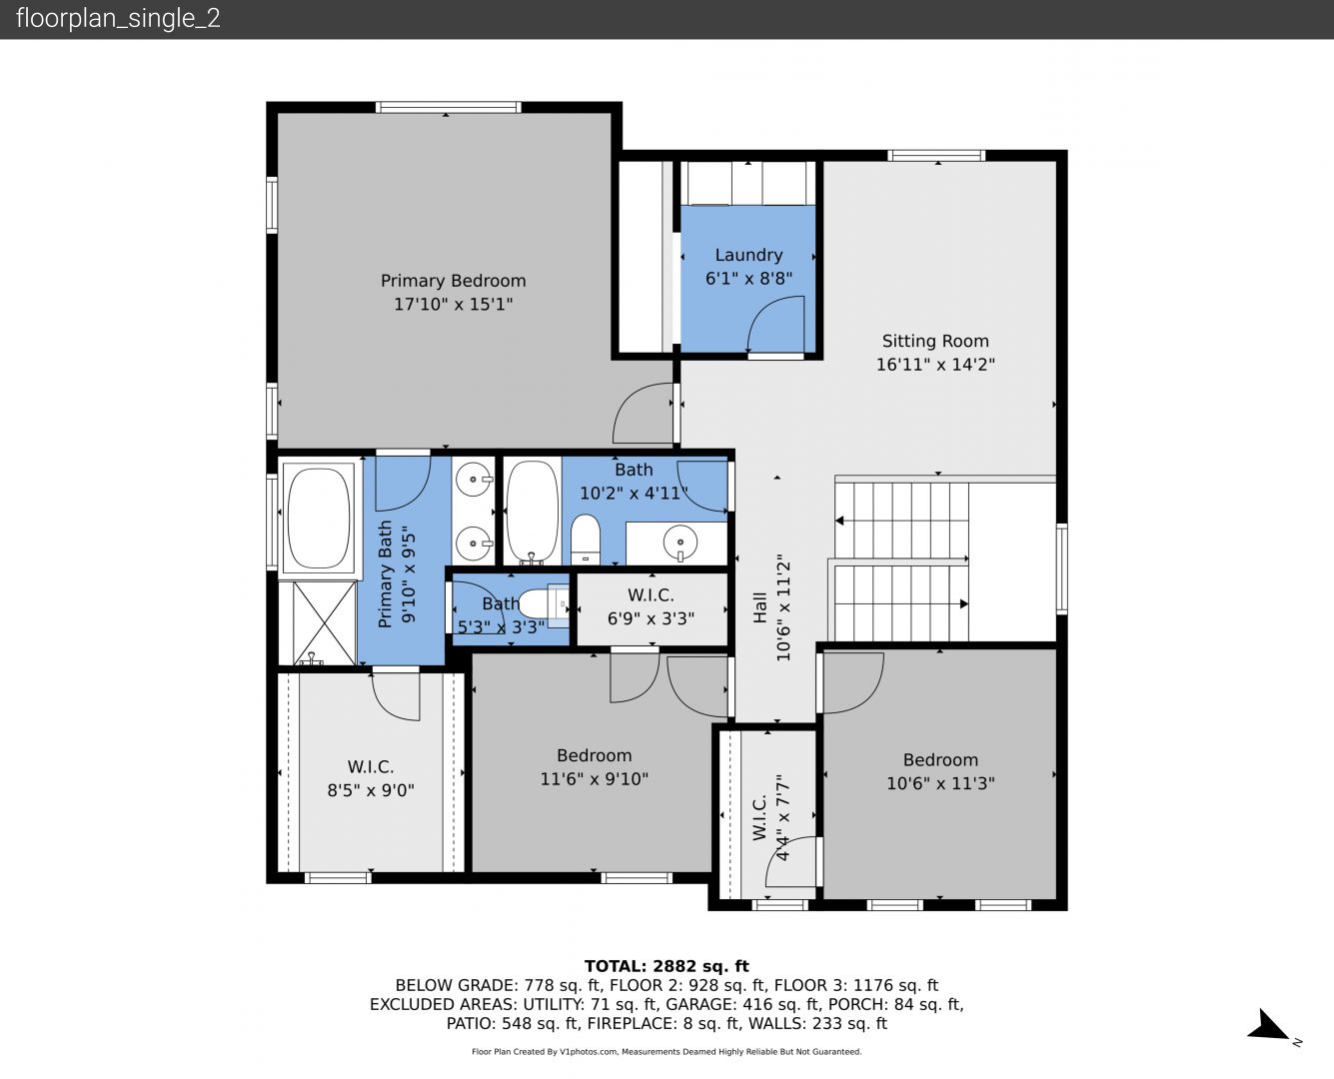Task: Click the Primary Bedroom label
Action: click(453, 281)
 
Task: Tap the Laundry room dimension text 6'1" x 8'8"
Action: click(749, 278)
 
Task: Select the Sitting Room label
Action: click(935, 341)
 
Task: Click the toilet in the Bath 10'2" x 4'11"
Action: click(586, 539)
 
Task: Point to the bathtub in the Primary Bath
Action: click(319, 519)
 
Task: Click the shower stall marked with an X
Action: click(324, 622)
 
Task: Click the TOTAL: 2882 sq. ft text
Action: click(667, 966)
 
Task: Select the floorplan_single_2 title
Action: click(118, 18)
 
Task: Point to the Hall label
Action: click(759, 607)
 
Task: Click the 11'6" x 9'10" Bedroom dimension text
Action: click(594, 779)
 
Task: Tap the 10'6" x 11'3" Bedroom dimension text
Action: click(940, 783)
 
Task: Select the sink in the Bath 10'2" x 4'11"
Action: click(679, 542)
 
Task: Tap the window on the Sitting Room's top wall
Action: click(936, 155)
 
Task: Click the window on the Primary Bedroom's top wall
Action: click(448, 107)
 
